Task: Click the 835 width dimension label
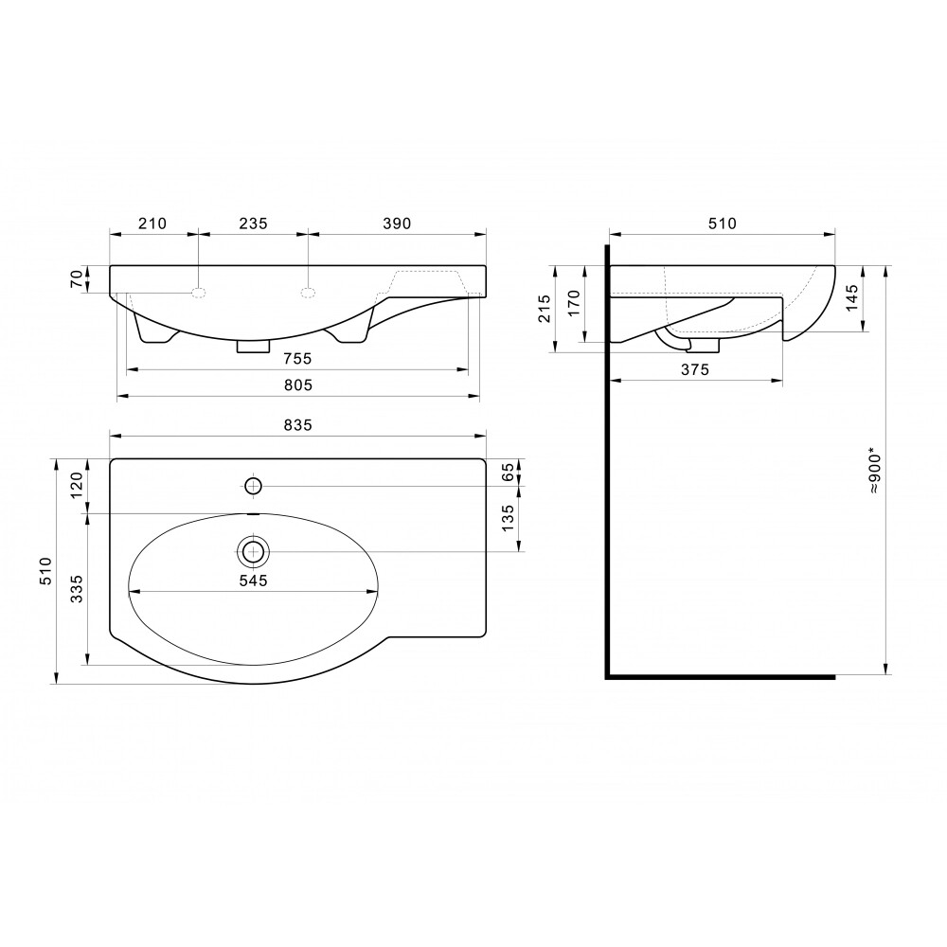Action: click(x=297, y=425)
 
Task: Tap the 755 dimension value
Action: click(x=297, y=359)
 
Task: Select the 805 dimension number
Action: click(x=297, y=384)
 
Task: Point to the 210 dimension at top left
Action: click(x=152, y=223)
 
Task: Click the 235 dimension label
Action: click(x=253, y=223)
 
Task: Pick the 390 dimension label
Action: click(x=397, y=223)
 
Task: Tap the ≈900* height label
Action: click(x=875, y=471)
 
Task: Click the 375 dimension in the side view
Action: click(x=694, y=369)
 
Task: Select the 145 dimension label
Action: click(x=851, y=297)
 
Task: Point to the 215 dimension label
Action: click(x=545, y=308)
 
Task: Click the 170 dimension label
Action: click(x=574, y=303)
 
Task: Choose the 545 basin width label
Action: click(x=253, y=581)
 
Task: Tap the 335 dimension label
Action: click(x=77, y=589)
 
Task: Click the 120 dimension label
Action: click(x=77, y=485)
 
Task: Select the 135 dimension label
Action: click(x=508, y=518)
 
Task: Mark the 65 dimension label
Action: click(x=508, y=472)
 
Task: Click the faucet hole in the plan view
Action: click(x=253, y=486)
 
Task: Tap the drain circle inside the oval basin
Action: click(x=253, y=551)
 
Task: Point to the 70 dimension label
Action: click(x=77, y=279)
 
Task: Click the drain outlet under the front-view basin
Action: click(x=253, y=346)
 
